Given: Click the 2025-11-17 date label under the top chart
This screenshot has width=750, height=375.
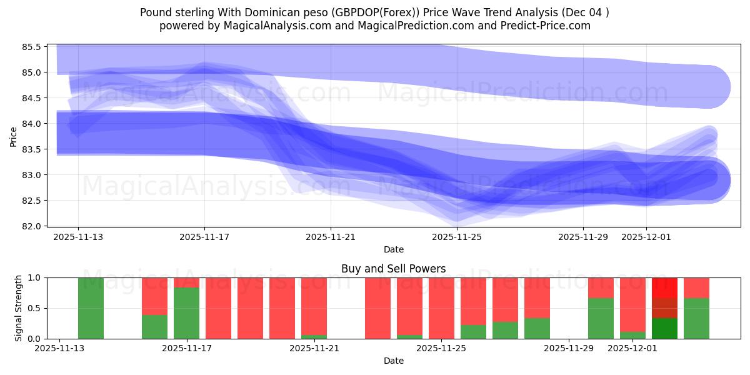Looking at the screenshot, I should coord(204,237).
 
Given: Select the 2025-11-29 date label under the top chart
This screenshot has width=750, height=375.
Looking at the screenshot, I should coord(583,237).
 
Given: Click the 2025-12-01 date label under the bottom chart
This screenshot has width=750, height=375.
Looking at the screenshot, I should coord(632,349).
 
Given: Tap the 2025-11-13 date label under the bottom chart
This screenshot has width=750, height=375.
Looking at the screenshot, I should coord(60,349).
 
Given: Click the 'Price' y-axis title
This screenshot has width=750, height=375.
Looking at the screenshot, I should coord(14,136).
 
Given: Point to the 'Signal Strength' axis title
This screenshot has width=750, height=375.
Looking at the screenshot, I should coord(19,308).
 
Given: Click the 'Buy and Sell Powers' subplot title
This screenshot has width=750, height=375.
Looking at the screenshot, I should coord(393,269).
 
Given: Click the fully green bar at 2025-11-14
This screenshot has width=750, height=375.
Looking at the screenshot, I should coord(91,308).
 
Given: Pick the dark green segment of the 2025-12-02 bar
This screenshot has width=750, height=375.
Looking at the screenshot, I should coord(664,328).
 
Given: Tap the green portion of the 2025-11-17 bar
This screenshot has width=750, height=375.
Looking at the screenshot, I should coord(186,312).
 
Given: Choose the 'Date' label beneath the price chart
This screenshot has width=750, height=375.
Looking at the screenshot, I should coord(393,249).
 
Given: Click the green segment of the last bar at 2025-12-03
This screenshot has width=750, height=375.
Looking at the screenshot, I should coord(696,318).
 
